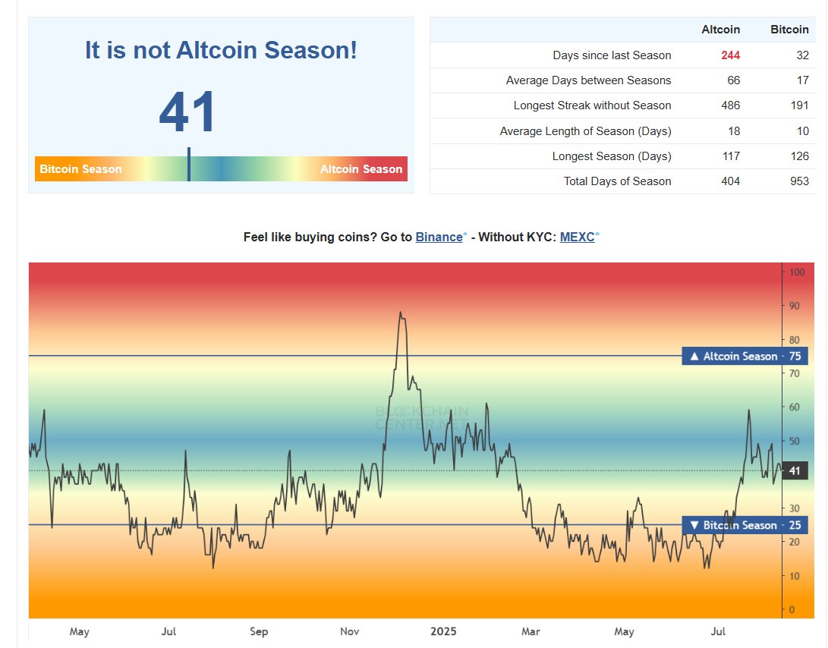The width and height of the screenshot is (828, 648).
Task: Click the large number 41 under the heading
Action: click(x=188, y=113)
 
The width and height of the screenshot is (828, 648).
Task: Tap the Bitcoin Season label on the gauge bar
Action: click(x=80, y=168)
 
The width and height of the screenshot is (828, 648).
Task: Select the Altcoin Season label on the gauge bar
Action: click(x=361, y=168)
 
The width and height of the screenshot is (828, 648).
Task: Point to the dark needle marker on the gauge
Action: click(x=188, y=165)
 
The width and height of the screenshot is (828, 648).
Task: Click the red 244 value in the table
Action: click(x=731, y=55)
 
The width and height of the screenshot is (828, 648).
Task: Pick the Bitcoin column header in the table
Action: click(x=789, y=30)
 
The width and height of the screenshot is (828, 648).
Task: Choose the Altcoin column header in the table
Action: click(x=721, y=30)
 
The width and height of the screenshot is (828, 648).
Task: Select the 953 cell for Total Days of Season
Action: click(x=799, y=181)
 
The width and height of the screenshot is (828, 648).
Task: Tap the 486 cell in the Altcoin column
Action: click(x=731, y=105)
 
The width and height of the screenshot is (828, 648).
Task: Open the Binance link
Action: click(x=439, y=237)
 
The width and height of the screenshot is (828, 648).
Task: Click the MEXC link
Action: click(x=577, y=237)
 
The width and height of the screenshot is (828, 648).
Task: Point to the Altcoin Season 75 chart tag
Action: click(x=744, y=356)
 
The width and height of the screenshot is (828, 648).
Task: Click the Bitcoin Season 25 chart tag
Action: click(x=744, y=525)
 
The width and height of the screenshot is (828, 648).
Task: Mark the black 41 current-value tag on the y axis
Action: click(x=795, y=471)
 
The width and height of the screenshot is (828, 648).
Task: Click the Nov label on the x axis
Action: click(x=350, y=631)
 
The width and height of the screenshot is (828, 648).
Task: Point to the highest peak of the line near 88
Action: click(x=400, y=312)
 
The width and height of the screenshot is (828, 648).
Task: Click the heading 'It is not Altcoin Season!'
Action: click(x=221, y=51)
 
